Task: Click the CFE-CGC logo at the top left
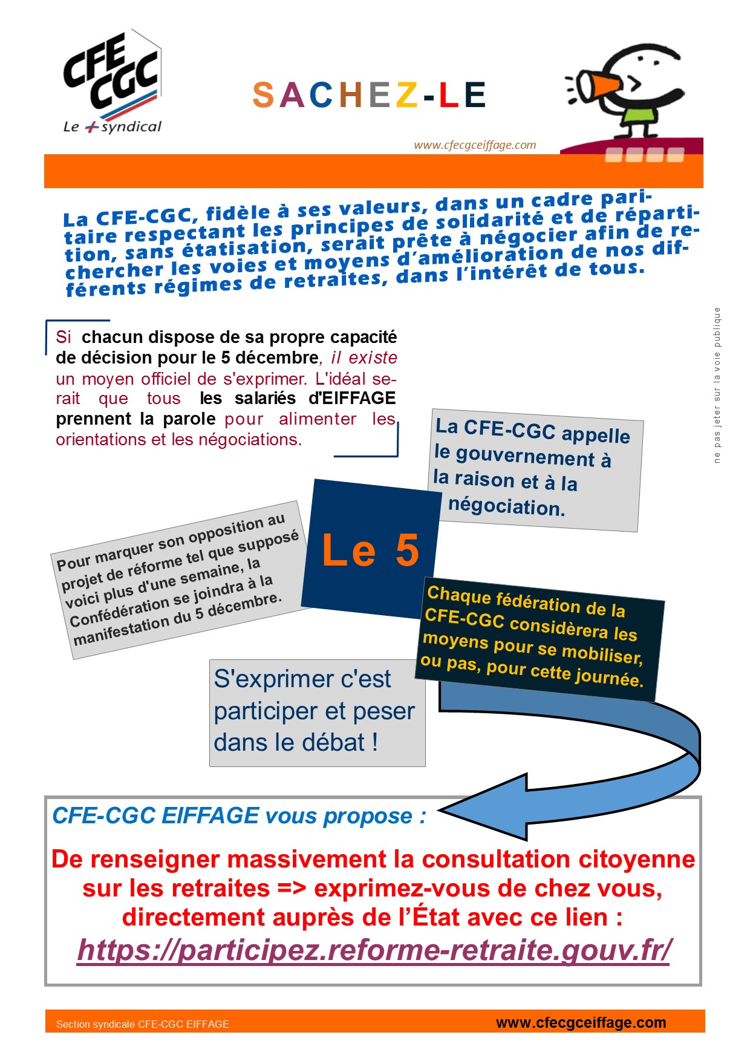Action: point(112,82)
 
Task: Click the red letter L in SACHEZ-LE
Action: point(448,95)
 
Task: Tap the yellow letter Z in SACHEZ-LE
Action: point(407,95)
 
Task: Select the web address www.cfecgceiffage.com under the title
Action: point(475,145)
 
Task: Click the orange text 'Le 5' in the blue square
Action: point(370,550)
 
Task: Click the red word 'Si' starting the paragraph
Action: point(64,337)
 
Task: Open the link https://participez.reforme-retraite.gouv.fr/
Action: point(374,950)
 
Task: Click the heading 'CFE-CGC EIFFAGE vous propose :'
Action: point(239,816)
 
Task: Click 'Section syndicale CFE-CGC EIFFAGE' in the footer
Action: point(143,1024)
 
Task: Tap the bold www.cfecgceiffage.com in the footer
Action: point(581,1022)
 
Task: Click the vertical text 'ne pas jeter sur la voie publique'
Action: point(717,385)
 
